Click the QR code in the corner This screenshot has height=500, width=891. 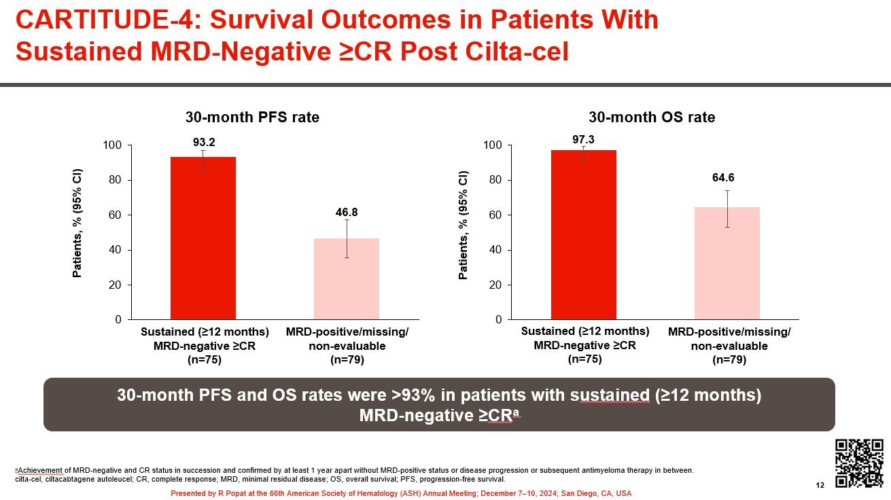(859, 463)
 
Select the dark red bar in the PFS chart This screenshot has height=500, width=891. (203, 238)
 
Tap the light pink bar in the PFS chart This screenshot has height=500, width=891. (347, 279)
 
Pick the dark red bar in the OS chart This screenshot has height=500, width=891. (584, 234)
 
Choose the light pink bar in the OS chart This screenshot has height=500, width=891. (727, 263)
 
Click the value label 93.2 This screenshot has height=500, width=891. (203, 142)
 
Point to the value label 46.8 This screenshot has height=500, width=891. (347, 212)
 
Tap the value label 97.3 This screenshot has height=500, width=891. (584, 139)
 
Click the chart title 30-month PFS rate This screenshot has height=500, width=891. (252, 117)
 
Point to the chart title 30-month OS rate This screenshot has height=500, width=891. (652, 117)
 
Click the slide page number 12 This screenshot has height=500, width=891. (820, 485)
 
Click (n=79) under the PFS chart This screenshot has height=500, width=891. (347, 360)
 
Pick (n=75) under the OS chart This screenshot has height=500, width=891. (585, 359)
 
